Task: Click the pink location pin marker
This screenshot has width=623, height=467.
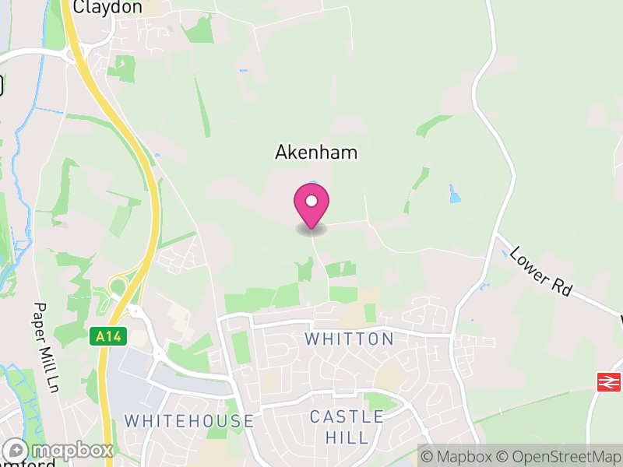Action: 311,205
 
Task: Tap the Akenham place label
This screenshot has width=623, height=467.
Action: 316,153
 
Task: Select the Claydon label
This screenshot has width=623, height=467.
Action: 107,7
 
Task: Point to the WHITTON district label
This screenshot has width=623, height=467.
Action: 350,339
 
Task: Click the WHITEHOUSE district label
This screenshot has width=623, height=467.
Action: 189,421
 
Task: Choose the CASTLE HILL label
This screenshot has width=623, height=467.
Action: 347,427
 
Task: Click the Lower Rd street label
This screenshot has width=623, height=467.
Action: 541,272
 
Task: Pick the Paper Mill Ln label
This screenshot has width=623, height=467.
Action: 44,347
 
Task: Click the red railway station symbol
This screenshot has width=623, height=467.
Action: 607,381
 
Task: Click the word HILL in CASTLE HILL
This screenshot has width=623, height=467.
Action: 347,437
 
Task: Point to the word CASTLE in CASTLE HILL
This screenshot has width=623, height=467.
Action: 347,417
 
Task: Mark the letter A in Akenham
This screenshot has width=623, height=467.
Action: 282,153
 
